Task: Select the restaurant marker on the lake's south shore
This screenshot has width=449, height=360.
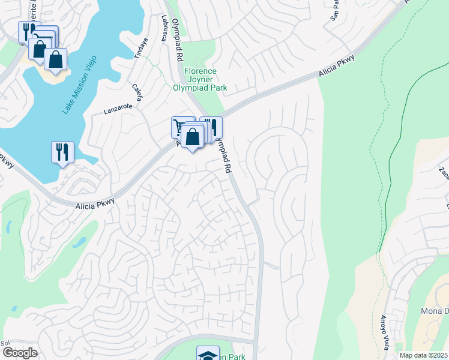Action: point(62,152)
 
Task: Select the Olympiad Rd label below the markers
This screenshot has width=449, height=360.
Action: point(221,157)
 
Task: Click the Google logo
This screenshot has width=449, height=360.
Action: point(19,353)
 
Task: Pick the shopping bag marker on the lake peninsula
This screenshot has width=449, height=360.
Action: point(55,59)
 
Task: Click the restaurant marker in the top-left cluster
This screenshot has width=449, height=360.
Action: point(27,31)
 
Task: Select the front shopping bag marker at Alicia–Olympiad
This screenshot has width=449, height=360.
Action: point(192,137)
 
